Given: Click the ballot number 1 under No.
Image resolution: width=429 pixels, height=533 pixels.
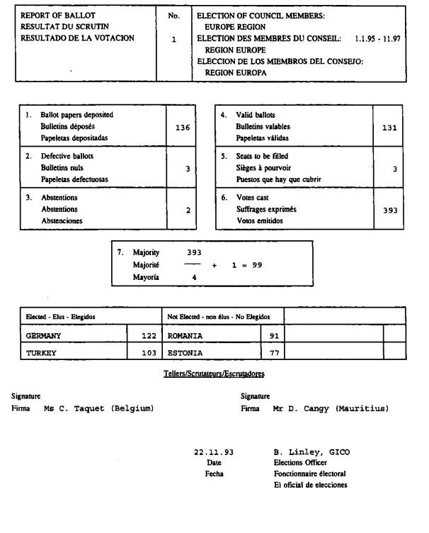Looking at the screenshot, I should tap(173, 40).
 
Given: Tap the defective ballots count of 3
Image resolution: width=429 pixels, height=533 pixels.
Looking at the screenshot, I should tap(188, 169).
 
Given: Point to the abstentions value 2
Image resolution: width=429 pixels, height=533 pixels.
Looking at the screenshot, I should tap(188, 211).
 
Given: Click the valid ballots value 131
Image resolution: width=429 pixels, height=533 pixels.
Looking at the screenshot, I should tap(389, 128).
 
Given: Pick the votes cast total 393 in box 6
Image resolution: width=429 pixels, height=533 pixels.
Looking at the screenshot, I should tap(389, 211).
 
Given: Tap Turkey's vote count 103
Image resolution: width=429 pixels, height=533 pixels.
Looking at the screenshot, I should tap(145, 352).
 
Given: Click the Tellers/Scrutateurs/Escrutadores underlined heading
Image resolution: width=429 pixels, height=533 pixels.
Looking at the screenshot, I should tap(214, 374).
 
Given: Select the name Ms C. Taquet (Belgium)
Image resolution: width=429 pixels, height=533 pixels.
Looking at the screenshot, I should tap(98, 409).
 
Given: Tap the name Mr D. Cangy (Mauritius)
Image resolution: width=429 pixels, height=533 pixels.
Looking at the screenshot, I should tap(330, 409).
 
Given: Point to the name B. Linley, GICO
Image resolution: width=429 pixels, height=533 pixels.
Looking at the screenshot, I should tap(311, 451).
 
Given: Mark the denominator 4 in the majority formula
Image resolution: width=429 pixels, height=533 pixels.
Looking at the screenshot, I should tap(193, 278).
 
